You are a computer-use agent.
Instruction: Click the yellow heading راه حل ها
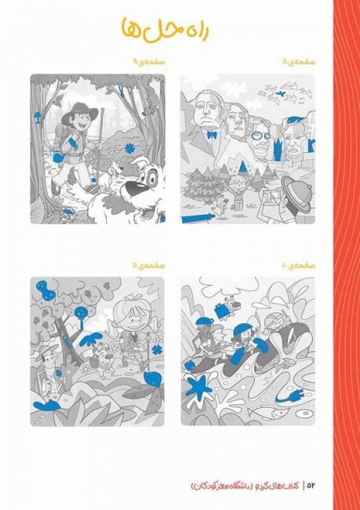coord(165,31)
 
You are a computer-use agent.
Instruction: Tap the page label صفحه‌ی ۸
coord(299,62)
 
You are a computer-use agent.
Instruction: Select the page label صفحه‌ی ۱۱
coord(148,266)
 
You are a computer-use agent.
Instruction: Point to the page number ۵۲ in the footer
coord(311,486)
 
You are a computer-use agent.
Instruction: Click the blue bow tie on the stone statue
coord(212,134)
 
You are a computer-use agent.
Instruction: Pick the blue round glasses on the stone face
coord(260,135)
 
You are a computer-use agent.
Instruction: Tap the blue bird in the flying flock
coord(279,94)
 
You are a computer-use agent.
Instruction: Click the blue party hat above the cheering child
coord(242,166)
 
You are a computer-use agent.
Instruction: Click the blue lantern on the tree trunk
coord(38,117)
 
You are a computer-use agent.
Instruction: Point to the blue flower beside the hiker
coord(130,148)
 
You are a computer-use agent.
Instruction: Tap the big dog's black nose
coord(135,188)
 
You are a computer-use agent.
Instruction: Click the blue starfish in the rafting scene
coord(198,387)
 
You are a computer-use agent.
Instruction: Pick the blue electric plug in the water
coord(289,395)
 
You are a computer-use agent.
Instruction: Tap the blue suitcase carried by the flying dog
coord(223,310)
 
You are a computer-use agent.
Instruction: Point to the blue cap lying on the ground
coord(47,406)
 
